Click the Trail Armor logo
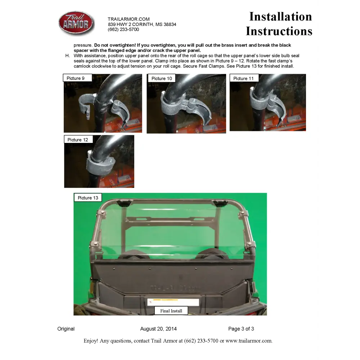(x=76, y=23)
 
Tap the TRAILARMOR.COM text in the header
(x=129, y=19)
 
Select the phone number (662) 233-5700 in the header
(x=123, y=30)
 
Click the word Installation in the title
(x=280, y=17)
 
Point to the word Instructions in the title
(x=279, y=31)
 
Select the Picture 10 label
(x=161, y=78)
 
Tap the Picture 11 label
(x=244, y=78)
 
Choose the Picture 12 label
(x=78, y=140)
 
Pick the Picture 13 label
(x=88, y=198)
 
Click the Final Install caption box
(x=171, y=311)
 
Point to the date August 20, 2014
(x=158, y=329)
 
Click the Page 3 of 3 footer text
(x=241, y=329)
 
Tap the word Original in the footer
(x=66, y=329)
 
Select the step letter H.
(x=67, y=56)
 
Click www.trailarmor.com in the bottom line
(x=249, y=341)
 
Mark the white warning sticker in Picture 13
(x=173, y=302)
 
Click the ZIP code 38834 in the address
(x=170, y=24)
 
